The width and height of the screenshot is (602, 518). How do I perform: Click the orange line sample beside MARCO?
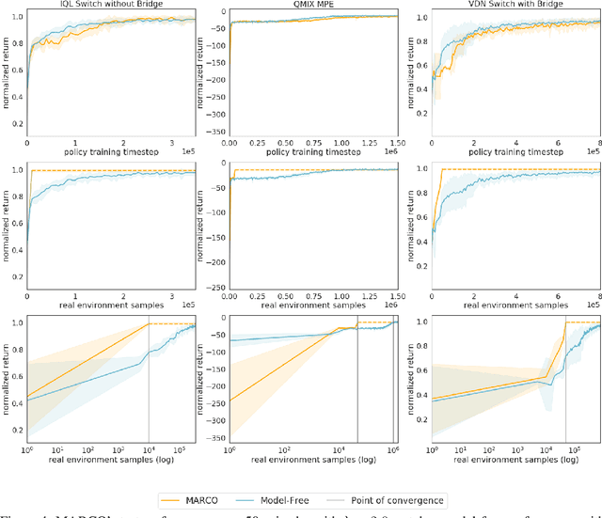point(191,499)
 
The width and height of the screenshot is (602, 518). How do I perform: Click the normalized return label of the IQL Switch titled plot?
point(8,75)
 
